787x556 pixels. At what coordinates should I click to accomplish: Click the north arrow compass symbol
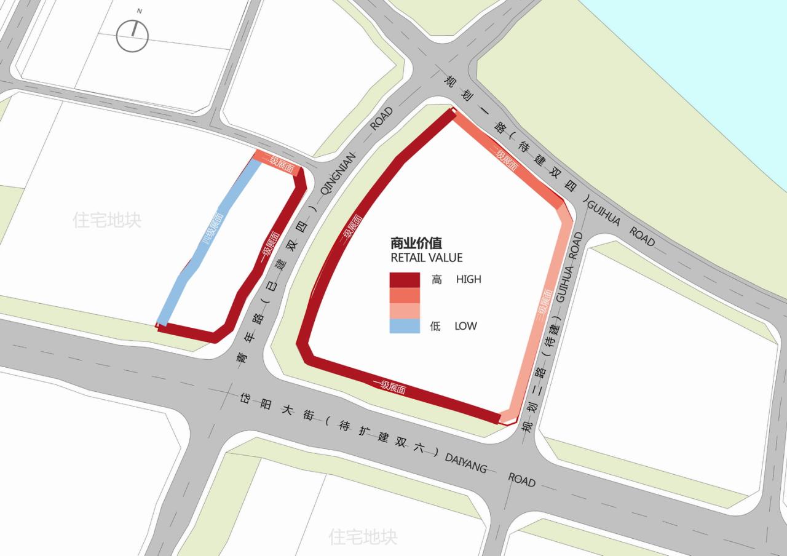(x=132, y=36)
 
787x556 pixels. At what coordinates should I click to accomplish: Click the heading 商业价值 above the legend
(x=416, y=243)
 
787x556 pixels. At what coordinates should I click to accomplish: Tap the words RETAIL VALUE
(x=427, y=258)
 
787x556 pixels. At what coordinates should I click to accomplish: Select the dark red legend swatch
(x=405, y=280)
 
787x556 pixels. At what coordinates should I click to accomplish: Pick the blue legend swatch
(x=405, y=326)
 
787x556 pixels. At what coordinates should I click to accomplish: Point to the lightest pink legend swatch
(x=405, y=311)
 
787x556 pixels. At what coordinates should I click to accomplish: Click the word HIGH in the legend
(x=469, y=279)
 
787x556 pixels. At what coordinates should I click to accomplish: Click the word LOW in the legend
(x=465, y=326)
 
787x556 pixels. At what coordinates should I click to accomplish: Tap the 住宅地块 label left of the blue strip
(x=107, y=220)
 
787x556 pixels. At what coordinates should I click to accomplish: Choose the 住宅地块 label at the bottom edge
(x=363, y=536)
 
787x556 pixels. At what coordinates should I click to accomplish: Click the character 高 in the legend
(x=437, y=279)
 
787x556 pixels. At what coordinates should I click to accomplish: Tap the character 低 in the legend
(x=435, y=326)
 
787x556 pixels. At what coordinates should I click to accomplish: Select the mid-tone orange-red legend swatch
(x=405, y=295)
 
